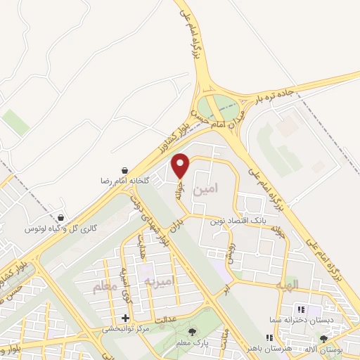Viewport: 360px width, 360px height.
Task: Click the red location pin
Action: click(181, 165)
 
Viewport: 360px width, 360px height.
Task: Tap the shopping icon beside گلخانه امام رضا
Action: click(124, 170)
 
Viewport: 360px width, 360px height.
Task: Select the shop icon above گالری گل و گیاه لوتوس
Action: click(61, 218)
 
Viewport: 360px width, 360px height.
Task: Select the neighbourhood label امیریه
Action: click(158, 281)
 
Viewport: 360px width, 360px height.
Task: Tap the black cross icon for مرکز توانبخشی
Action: click(126, 318)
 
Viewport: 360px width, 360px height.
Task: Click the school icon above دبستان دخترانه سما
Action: click(300, 309)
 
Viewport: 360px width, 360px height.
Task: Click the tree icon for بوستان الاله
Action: click(323, 339)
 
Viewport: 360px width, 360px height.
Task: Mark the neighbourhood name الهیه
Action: click(307, 284)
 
